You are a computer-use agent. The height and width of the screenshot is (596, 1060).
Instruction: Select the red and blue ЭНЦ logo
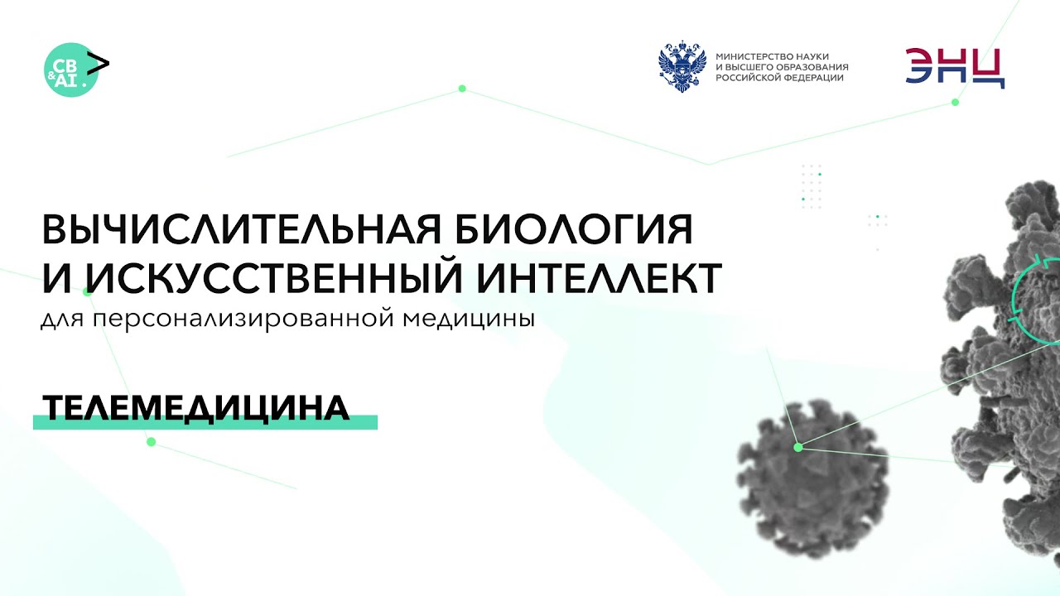pos(955,68)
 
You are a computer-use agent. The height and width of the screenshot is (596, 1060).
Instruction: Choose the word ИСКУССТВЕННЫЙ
pos(267,278)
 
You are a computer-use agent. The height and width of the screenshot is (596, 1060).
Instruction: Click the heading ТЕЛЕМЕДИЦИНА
pos(195,407)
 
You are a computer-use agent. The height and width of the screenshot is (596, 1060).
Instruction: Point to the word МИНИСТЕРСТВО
pos(754,55)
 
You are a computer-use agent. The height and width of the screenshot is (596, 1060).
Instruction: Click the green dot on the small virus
pos(798,447)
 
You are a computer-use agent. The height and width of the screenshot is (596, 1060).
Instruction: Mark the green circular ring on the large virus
pos(1035,298)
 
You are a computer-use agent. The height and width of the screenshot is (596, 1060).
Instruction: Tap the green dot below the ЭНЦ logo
pos(955,102)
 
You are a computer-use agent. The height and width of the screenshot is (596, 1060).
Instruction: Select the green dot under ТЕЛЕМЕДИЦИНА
pos(151,442)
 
